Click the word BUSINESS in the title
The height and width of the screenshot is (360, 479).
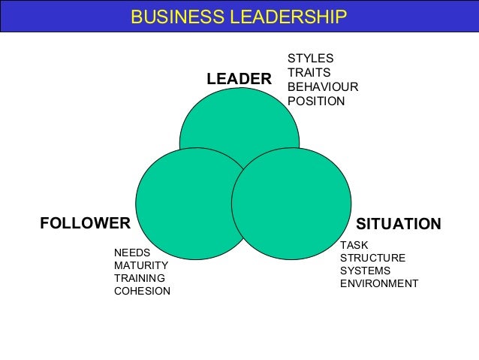click(169, 17)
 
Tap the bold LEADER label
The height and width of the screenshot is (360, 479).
click(239, 79)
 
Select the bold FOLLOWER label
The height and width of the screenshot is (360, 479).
click(85, 223)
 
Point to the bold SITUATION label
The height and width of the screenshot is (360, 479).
click(398, 224)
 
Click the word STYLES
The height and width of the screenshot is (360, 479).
click(310, 59)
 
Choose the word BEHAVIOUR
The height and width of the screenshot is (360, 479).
click(323, 87)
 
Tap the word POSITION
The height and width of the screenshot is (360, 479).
click(316, 101)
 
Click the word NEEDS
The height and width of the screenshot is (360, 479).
click(132, 253)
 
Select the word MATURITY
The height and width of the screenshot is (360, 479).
click(140, 265)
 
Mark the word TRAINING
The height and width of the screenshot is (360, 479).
click(139, 278)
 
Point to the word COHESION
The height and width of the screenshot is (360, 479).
click(142, 291)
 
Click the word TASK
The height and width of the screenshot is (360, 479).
click(354, 245)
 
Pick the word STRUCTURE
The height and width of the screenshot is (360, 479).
click(372, 258)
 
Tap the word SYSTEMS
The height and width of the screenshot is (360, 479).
click(365, 271)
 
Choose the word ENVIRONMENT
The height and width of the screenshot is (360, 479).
click(378, 283)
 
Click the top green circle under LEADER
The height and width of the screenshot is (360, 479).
click(239, 120)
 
